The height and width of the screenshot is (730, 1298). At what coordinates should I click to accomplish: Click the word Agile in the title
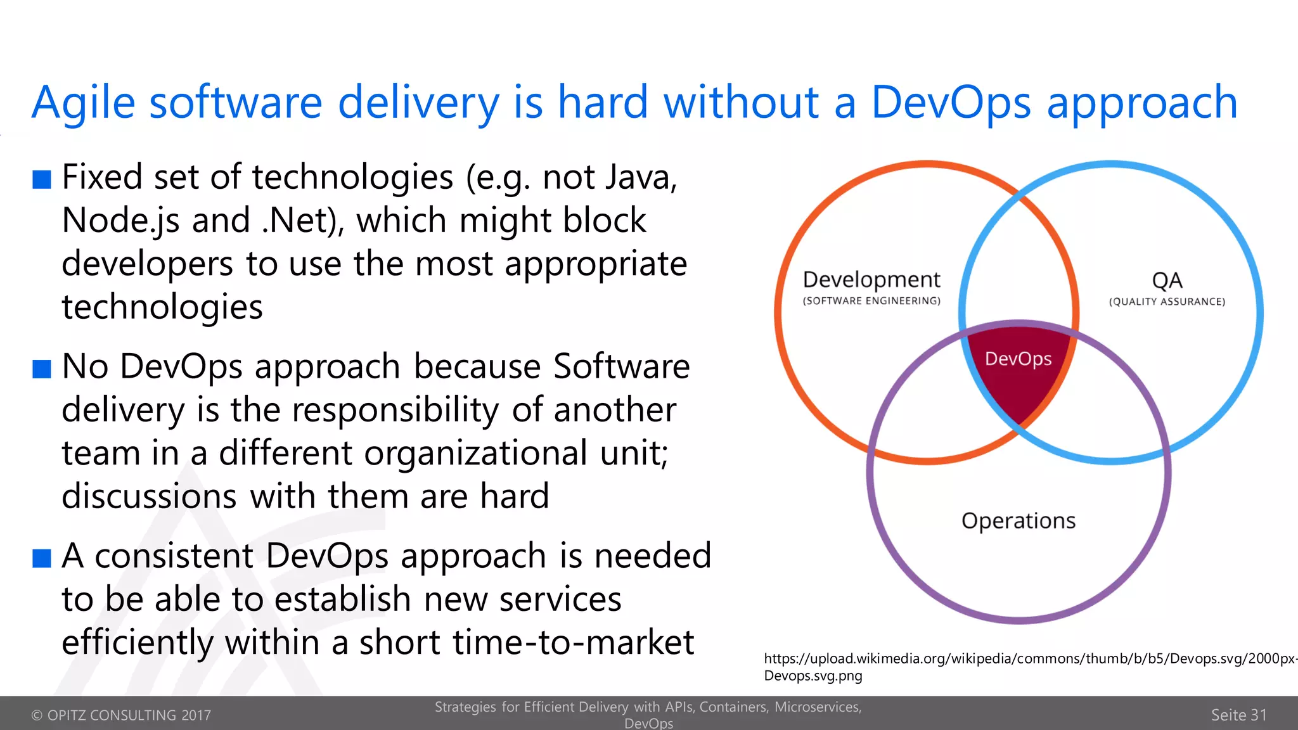click(x=83, y=103)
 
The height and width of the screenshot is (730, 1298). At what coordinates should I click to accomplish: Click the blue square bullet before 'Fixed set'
click(x=42, y=179)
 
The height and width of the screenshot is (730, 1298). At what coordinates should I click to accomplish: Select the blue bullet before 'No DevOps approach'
click(x=42, y=369)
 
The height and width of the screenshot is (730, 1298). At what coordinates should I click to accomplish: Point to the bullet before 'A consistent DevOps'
click(x=42, y=558)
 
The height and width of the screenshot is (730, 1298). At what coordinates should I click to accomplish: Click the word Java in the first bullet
click(x=636, y=177)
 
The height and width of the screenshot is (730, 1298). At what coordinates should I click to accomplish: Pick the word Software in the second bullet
click(x=621, y=366)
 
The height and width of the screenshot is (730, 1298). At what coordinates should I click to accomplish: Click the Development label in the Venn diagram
click(x=871, y=279)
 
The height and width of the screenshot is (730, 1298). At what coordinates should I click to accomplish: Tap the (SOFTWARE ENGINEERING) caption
click(x=871, y=301)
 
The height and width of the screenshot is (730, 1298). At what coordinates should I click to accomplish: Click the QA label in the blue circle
click(x=1167, y=280)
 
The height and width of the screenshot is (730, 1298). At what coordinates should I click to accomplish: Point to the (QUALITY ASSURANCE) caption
click(x=1167, y=302)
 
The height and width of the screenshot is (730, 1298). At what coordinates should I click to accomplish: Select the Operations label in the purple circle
click(x=1018, y=521)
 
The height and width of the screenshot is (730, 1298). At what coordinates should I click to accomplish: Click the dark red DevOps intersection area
click(x=1018, y=380)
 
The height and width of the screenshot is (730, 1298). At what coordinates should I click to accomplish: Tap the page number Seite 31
click(x=1238, y=715)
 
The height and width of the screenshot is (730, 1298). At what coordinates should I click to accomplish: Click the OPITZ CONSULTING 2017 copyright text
click(x=121, y=715)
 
